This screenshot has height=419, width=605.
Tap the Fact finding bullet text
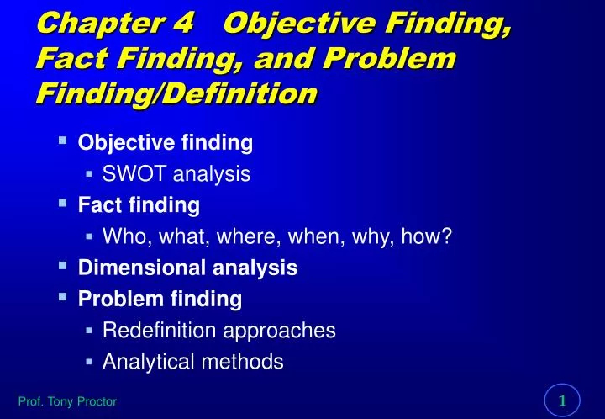[x=139, y=204]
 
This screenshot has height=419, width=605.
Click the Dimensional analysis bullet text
[x=187, y=268]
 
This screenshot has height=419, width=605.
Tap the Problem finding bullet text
[x=160, y=299]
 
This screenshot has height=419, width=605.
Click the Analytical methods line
[x=192, y=362]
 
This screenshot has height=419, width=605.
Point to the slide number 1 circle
[x=563, y=400]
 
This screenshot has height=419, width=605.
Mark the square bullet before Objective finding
[x=63, y=141]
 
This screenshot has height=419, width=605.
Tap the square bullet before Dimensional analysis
[x=63, y=265]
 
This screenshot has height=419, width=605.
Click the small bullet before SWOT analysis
[x=89, y=174]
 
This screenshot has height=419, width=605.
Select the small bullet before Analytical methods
[x=89, y=362]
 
